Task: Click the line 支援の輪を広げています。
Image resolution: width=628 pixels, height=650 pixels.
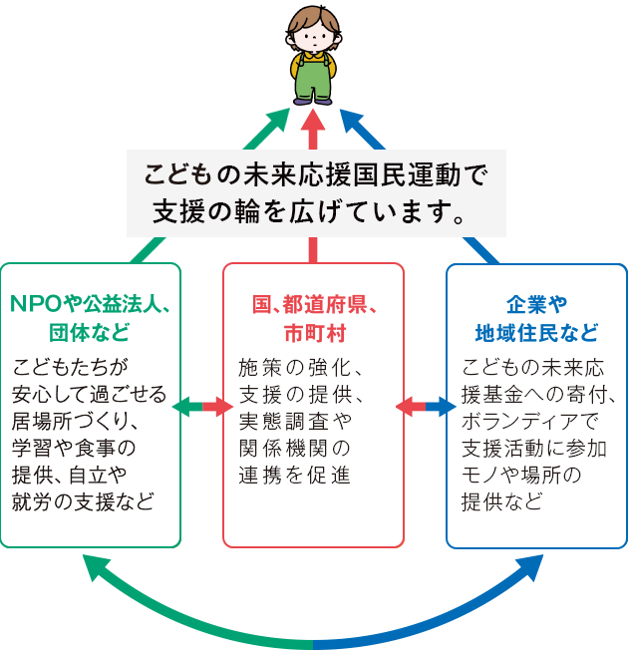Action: (x=313, y=210)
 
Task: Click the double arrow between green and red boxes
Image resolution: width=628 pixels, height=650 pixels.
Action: (x=202, y=406)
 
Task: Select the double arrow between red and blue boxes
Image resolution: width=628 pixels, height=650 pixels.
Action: (x=425, y=406)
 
